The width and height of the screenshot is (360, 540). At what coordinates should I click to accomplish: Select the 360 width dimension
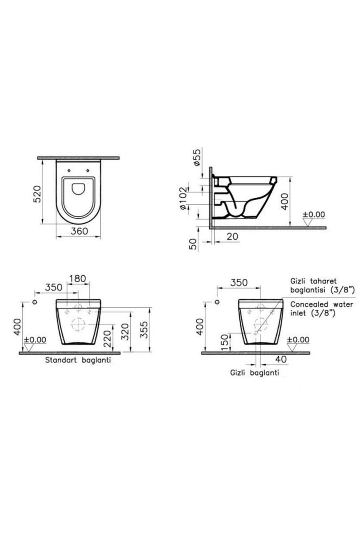coord(79,231)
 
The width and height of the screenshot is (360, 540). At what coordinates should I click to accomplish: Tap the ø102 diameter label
coord(183,198)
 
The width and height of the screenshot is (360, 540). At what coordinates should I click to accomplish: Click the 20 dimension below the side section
coord(232,236)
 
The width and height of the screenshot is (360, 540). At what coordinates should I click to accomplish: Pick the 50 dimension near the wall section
coord(193,244)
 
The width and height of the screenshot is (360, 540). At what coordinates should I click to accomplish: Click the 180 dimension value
coord(77,278)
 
